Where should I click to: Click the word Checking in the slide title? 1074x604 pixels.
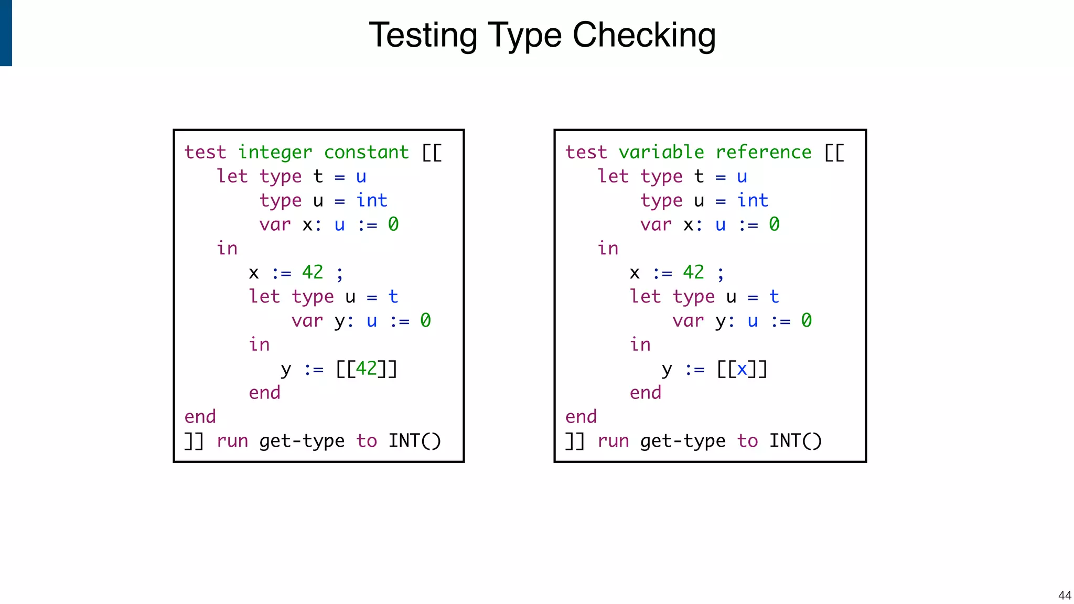pos(644,36)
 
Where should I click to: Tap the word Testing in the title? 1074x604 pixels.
pos(423,36)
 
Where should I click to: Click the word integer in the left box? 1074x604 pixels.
pos(275,153)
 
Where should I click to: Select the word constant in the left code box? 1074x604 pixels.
pos(366,153)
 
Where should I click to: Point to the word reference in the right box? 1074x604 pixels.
pos(763,153)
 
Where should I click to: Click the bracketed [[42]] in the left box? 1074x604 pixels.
pos(366,369)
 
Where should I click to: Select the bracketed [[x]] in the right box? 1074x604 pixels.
pos(742,369)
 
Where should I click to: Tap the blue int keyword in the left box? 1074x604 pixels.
pos(372,200)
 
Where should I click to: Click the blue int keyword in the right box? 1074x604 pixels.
pos(753,200)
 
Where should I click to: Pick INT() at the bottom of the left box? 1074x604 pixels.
pos(414,441)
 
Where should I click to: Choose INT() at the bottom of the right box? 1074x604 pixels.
pos(795,441)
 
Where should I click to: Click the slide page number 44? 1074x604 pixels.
pos(1065,595)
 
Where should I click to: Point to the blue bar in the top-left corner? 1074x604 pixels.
pos(6,33)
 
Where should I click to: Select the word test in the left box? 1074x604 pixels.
pos(205,153)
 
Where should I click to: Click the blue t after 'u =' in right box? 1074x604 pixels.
pos(774,297)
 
